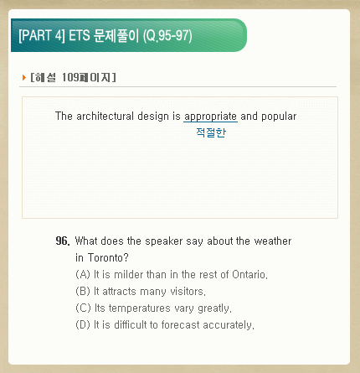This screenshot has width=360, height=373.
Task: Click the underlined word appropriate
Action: click(210, 117)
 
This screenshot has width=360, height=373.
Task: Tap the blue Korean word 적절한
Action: click(211, 132)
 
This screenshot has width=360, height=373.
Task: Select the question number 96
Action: click(63, 241)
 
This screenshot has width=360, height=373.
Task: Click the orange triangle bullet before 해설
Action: click(24, 77)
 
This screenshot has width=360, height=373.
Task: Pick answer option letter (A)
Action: click(83, 275)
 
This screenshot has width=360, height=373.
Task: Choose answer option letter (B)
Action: click(83, 292)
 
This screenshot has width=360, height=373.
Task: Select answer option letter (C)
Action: click(83, 308)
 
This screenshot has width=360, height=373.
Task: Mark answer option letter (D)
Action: click(83, 325)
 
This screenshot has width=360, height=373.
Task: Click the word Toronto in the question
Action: click(108, 257)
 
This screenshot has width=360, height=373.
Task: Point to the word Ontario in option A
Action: click(249, 275)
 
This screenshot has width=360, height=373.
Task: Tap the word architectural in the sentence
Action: click(105, 116)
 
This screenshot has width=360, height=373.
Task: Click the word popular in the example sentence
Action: click(279, 117)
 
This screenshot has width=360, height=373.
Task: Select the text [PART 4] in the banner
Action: click(42, 35)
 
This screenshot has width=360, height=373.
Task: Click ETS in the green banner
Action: click(80, 35)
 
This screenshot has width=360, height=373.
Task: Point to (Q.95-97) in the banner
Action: click(167, 36)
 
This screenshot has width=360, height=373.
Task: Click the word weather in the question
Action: click(273, 241)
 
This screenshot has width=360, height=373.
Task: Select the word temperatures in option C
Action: click(139, 308)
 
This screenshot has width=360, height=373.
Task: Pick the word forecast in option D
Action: click(181, 325)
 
